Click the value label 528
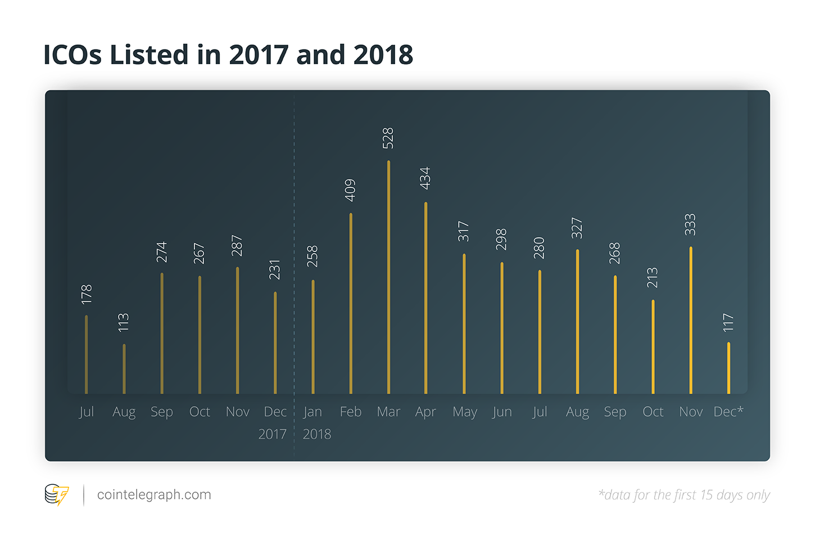388,138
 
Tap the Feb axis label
351,412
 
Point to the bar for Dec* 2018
728,368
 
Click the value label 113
124,322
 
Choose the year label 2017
272,434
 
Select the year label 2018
317,434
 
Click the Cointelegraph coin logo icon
56,495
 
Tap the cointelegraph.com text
154,495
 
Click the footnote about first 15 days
684,495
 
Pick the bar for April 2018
426,298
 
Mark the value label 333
690,225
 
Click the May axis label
465,412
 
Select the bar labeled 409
351,304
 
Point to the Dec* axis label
728,412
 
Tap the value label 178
86,295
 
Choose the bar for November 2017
237,330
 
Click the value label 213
652,278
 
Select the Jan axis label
313,412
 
